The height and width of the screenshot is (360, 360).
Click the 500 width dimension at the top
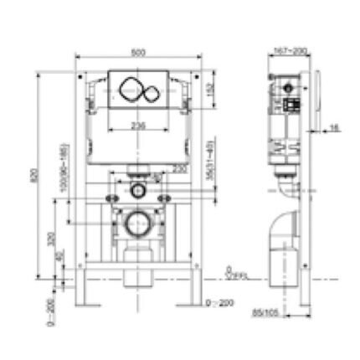(139, 50)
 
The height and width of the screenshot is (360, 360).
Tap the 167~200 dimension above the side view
(288, 50)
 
